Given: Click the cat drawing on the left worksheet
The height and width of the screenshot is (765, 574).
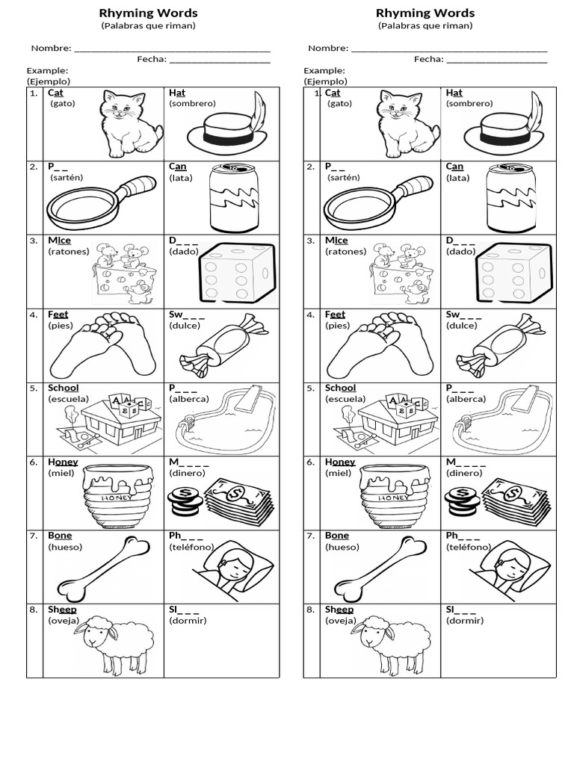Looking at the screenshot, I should (131, 121).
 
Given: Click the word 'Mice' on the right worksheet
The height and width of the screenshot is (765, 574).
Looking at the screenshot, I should (336, 241).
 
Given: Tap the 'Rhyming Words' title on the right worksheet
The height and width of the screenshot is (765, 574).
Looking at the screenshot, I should (425, 13).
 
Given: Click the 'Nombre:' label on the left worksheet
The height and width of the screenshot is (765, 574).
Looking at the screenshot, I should (51, 49).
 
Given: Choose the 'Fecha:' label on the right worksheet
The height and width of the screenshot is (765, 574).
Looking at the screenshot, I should (429, 60).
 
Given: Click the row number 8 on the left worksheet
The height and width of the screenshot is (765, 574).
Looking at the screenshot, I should (34, 610).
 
